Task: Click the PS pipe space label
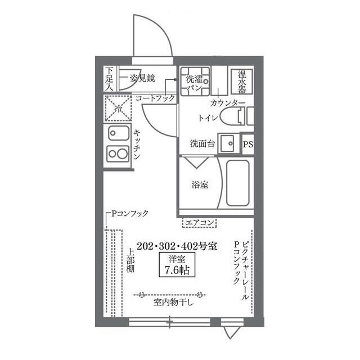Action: pos(248,145)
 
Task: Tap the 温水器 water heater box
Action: pos(242,82)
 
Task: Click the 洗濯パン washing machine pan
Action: pos(195,81)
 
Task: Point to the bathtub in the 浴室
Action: pos(237,183)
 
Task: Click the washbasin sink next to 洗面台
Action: pos(227,144)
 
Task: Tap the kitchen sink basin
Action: pos(119,133)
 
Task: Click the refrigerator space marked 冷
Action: pos(118,108)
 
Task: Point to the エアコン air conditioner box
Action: pos(199,223)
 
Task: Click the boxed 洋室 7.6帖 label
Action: pos(177,265)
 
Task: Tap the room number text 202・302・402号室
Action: pos(177,246)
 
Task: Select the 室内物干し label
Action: pos(173,303)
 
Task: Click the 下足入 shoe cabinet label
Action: pos(110,79)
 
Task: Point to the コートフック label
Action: pos(155,99)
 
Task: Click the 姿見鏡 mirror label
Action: pos(142,78)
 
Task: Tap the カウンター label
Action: pos(228,103)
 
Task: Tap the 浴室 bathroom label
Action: pos(200,184)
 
